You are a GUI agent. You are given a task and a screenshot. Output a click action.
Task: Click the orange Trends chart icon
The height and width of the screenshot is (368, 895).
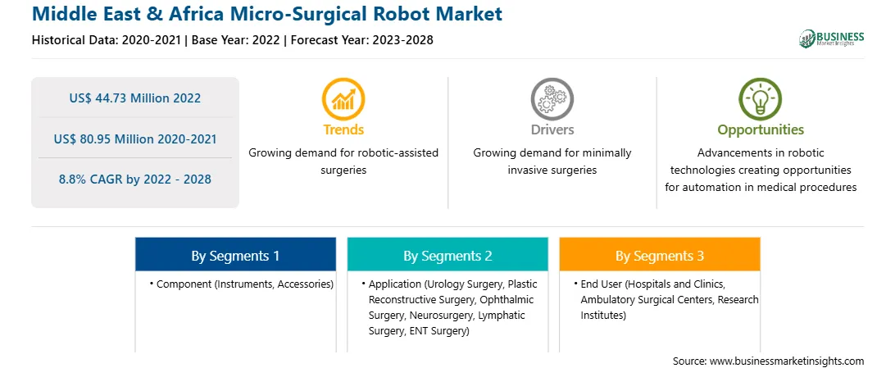point(343,98)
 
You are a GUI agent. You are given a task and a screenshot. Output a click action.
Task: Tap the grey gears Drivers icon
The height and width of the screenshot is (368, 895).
point(552,98)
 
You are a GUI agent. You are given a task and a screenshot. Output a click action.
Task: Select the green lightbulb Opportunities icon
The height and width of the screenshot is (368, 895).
point(761,98)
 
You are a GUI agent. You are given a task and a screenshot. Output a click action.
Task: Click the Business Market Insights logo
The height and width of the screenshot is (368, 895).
point(832,39)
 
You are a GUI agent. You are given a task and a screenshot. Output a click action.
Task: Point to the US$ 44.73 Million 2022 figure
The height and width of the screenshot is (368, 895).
point(134,98)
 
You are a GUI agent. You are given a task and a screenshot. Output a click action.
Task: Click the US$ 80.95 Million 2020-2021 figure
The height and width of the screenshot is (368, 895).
point(134,139)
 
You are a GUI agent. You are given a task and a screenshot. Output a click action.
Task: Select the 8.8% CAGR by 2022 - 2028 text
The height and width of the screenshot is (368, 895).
point(134,179)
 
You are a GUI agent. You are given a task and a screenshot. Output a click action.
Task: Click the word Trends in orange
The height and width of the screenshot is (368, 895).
point(343,129)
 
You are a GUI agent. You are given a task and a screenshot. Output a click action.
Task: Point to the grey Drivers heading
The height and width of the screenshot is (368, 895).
point(552,129)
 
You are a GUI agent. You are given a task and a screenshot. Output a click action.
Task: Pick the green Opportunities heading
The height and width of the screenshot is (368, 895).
point(761,130)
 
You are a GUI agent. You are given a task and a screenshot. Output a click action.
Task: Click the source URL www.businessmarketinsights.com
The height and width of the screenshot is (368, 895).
point(788,361)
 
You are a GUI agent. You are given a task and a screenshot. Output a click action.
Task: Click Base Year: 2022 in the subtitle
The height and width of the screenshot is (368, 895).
point(235,40)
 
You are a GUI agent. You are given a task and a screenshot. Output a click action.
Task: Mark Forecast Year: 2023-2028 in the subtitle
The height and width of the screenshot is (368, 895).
point(360,40)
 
